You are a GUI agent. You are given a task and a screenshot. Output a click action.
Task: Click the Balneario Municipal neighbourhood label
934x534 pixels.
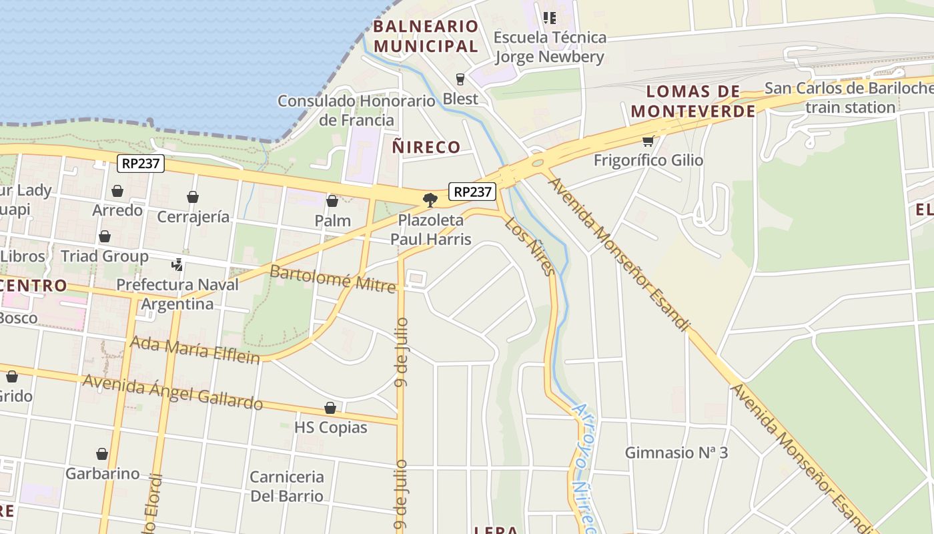point(426,36)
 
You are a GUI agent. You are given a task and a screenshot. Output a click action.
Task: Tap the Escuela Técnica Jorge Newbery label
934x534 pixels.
point(550,47)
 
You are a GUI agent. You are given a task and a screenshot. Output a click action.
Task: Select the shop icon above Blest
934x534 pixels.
point(460,79)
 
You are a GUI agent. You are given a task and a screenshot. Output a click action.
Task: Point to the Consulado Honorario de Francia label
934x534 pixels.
point(356,111)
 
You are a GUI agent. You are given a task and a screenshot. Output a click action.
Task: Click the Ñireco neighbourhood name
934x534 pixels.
point(426,147)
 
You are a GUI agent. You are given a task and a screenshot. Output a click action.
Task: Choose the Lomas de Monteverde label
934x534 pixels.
point(694,101)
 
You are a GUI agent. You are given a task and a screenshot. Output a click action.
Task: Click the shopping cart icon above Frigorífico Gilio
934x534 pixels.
point(648,141)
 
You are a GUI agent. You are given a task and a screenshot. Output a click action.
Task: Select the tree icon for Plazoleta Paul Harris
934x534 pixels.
point(430,200)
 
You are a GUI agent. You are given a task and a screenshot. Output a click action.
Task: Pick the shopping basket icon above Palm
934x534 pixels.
point(332,201)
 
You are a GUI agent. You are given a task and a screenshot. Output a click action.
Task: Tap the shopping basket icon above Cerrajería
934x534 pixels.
point(193,197)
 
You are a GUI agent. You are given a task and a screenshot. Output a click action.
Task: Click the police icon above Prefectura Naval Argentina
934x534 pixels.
point(177,264)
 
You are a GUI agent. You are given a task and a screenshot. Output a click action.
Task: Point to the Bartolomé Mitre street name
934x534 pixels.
point(332,279)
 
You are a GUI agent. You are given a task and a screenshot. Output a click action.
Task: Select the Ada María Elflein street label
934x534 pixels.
point(195,350)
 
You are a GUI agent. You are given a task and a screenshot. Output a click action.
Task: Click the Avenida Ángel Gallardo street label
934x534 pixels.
point(172,392)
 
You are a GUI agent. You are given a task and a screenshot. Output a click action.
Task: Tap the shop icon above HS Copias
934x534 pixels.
point(330,408)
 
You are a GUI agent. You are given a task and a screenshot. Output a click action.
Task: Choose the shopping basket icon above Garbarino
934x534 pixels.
point(102,454)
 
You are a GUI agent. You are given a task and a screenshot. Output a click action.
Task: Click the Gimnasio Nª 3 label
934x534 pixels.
point(676,453)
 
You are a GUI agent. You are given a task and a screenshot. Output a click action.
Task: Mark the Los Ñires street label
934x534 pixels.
point(529,246)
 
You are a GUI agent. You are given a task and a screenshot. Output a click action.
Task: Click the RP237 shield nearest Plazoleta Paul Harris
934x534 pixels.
point(473,192)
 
